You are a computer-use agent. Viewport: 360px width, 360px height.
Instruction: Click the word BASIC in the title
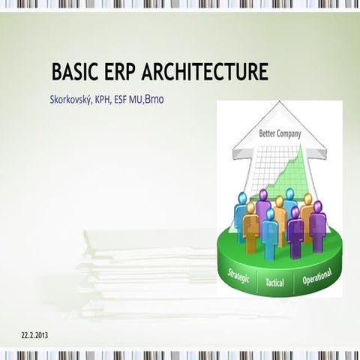[75, 73]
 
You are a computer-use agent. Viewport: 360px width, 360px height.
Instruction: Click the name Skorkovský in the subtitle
[72, 99]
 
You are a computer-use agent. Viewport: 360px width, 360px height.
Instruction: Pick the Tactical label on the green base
[275, 284]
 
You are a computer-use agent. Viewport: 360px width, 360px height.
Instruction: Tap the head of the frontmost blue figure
[270, 214]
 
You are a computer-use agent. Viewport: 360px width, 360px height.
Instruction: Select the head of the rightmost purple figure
[317, 206]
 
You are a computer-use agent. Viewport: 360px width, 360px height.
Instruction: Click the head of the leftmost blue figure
[241, 198]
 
